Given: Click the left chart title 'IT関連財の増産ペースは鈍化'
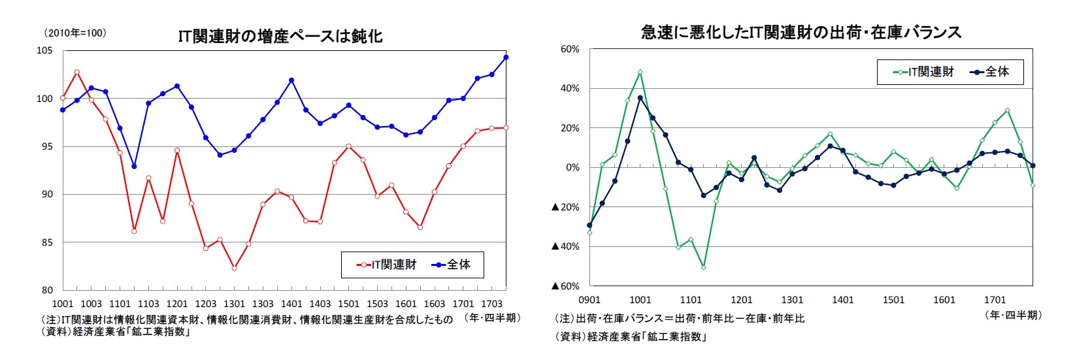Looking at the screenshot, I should pyautogui.click(x=280, y=36).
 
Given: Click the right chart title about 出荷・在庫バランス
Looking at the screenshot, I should pyautogui.click(x=801, y=32).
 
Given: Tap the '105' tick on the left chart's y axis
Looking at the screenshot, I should pyautogui.click(x=44, y=51).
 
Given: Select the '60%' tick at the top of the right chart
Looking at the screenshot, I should pyautogui.click(x=569, y=50).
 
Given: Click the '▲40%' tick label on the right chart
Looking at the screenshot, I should pyautogui.click(x=565, y=247).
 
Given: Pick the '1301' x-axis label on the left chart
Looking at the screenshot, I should pyautogui.click(x=234, y=304).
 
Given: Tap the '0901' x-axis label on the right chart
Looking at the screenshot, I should pyautogui.click(x=589, y=300).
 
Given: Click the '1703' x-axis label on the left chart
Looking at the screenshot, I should pyautogui.click(x=491, y=304).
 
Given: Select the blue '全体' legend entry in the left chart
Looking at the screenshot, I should pyautogui.click(x=451, y=265).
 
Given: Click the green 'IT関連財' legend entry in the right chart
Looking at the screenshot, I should pyautogui.click(x=923, y=72).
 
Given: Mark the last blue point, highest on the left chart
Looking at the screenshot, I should pyautogui.click(x=506, y=57).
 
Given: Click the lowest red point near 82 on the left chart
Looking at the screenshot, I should pyautogui.click(x=234, y=268).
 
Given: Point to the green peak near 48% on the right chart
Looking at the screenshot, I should pyautogui.click(x=640, y=73).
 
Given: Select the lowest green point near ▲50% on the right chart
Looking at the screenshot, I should pyautogui.click(x=703, y=267).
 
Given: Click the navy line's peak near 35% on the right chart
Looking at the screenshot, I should pyautogui.click(x=640, y=98).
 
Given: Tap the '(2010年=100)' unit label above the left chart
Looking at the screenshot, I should pyautogui.click(x=74, y=33).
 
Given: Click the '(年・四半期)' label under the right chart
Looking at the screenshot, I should pyautogui.click(x=1014, y=315).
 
